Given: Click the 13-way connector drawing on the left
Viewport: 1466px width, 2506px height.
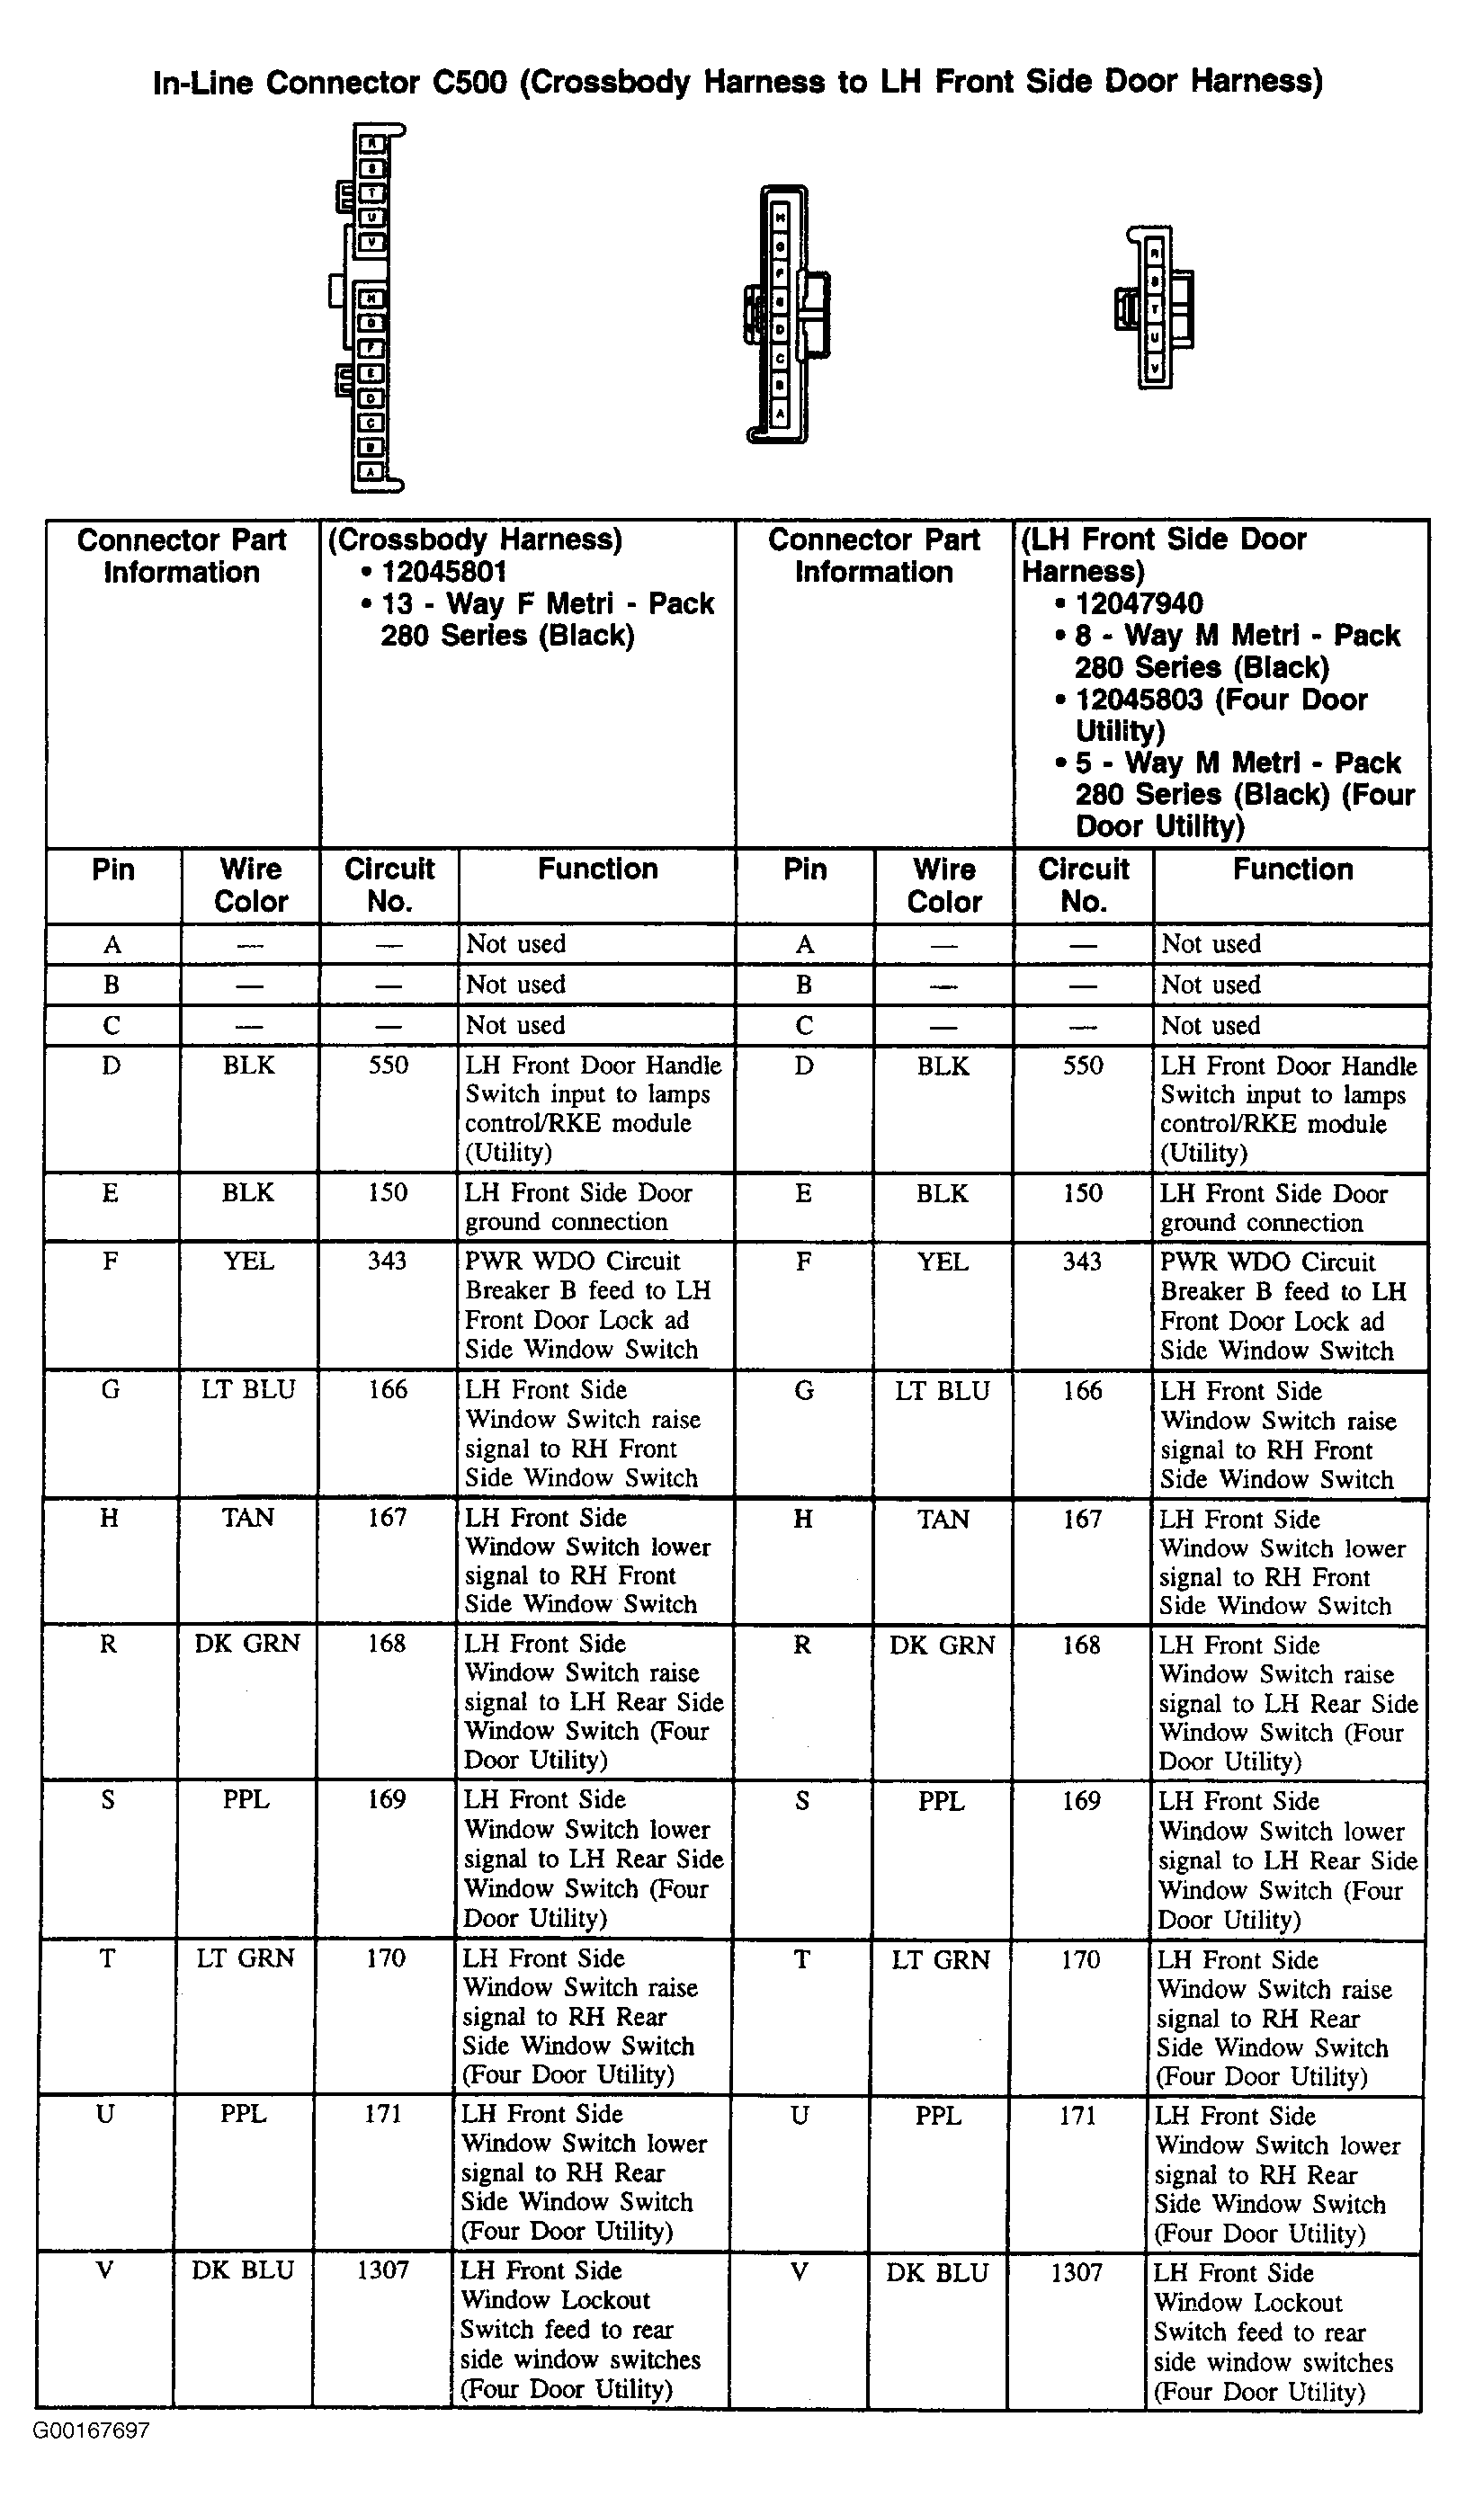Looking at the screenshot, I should (370, 308).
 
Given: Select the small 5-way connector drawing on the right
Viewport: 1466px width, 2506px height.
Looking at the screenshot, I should (1155, 308).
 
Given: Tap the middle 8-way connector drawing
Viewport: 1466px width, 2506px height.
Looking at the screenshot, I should (786, 313).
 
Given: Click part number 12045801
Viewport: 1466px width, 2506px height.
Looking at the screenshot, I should (443, 572).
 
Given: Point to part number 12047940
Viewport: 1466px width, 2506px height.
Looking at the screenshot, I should (1139, 603).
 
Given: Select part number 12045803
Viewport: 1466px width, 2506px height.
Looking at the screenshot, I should (1139, 699).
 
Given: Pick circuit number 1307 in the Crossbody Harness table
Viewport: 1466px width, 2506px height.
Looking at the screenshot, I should (383, 2270).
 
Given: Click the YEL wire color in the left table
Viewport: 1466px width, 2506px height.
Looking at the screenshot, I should (247, 1261).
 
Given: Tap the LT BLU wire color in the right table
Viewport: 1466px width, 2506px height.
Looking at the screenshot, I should (942, 1390).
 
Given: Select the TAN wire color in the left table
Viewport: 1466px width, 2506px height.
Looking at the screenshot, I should (247, 1518).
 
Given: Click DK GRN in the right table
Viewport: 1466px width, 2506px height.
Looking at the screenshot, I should (942, 1645).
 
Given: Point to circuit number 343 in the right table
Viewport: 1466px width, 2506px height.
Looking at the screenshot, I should (1082, 1262).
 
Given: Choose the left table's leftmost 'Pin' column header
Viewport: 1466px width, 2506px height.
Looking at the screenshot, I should (113, 870).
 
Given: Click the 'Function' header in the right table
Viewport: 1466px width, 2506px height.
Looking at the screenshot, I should (1292, 870).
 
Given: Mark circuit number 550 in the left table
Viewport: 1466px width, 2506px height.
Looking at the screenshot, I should (388, 1065).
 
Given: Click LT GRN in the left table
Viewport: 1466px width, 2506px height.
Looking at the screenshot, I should (246, 1958).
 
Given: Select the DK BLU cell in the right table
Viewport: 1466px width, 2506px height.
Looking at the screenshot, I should (937, 2273).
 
